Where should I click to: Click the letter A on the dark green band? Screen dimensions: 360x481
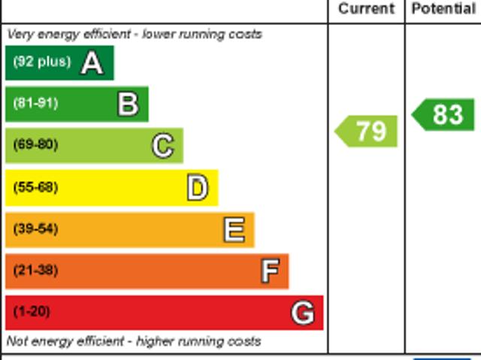click(x=92, y=63)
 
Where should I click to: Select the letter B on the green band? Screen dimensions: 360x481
click(x=128, y=104)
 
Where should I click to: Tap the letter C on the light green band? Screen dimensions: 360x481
click(x=162, y=146)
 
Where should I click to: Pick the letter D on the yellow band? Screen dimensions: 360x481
click(x=197, y=188)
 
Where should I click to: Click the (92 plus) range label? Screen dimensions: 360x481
click(x=41, y=62)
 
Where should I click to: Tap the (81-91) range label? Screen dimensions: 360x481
click(x=35, y=104)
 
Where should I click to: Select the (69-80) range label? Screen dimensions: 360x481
click(x=35, y=145)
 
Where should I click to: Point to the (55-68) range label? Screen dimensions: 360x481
click(x=35, y=187)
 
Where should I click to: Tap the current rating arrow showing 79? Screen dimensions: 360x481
click(x=367, y=131)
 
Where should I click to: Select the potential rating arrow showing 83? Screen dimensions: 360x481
click(x=444, y=114)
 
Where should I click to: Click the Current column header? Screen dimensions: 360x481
click(x=366, y=9)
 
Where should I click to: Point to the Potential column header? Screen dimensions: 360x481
click(x=443, y=9)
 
